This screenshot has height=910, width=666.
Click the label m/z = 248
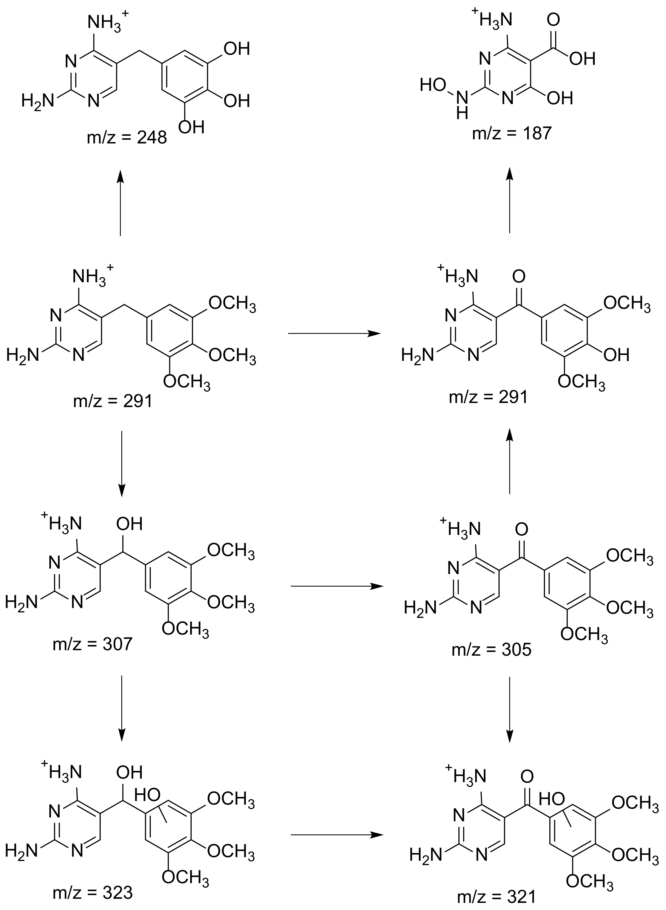coord(127,138)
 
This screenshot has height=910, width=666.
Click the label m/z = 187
coord(512,133)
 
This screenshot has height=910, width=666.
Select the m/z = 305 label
coord(492,649)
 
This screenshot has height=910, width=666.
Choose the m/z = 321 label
coord(497,897)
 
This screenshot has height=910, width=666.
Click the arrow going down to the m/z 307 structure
coord(121,464)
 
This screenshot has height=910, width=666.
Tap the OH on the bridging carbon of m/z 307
coord(130,524)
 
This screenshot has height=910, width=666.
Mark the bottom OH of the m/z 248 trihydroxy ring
coord(191,128)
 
